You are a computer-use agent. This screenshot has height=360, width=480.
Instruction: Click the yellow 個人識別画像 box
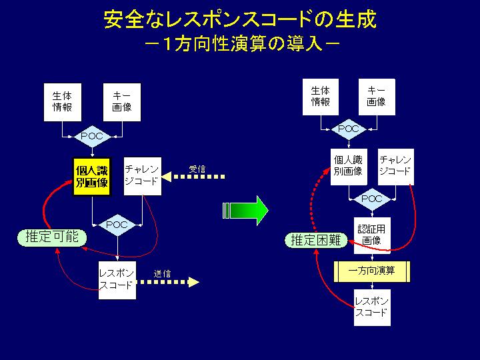92,177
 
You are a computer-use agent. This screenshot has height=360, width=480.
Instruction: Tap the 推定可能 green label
52,237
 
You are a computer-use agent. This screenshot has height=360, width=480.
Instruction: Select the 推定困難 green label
316,240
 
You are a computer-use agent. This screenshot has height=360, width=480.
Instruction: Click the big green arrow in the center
245,211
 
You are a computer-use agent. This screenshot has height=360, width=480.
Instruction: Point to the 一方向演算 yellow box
371,271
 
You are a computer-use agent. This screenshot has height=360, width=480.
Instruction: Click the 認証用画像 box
372,235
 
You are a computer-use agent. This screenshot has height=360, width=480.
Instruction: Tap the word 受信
197,169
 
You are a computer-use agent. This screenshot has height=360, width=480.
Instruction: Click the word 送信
162,273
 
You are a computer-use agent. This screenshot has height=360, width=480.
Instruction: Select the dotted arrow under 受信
193,177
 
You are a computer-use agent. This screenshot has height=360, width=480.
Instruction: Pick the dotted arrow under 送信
167,282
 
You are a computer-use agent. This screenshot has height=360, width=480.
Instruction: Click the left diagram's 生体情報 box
63,102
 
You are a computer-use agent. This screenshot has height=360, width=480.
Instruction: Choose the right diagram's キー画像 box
377,97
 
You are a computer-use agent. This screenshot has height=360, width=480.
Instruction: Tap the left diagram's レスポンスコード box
117,280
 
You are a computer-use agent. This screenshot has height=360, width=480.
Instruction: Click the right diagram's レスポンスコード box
372,307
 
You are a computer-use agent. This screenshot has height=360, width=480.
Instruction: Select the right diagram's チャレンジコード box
396,167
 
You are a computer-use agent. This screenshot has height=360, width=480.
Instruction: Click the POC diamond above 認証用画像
372,199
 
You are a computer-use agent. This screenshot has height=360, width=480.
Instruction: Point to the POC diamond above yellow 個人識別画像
93,136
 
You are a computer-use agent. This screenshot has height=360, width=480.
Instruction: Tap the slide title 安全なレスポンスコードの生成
240,20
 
